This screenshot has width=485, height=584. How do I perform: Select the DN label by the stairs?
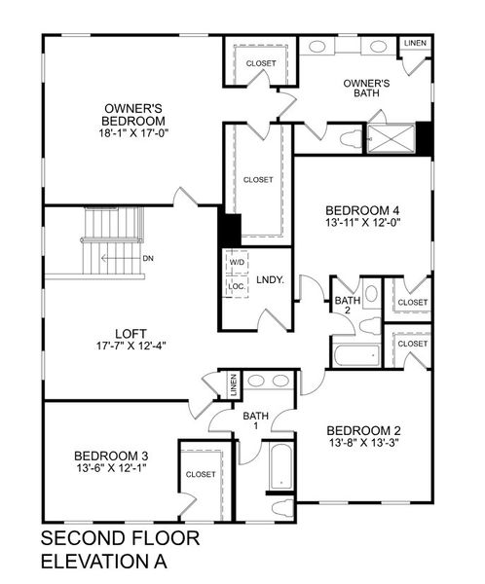[147, 259]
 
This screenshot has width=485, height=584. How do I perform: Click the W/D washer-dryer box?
[237, 263]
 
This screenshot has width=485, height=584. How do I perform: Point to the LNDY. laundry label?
[270, 280]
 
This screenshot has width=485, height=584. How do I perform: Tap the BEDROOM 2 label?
[363, 432]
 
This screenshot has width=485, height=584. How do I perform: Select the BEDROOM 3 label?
[111, 456]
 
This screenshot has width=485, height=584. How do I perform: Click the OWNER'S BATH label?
[366, 89]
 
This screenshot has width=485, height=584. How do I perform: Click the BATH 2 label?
[348, 307]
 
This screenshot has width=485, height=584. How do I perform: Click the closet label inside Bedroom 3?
[201, 475]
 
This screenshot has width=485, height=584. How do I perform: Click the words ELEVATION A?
[104, 562]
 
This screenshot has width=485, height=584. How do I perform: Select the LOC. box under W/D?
[237, 288]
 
